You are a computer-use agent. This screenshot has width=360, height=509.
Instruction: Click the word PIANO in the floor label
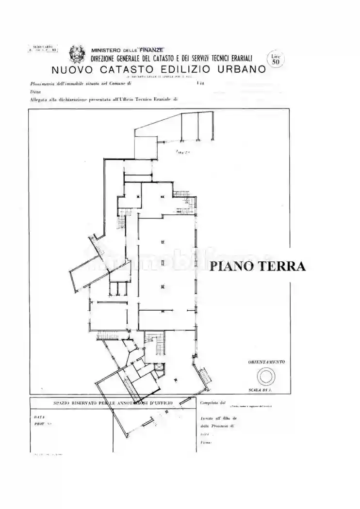tap(229, 266)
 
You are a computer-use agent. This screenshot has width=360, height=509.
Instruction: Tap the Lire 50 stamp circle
tap(276, 60)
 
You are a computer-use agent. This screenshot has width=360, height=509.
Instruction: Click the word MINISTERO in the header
tap(106, 50)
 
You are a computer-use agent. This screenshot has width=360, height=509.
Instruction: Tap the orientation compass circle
tap(266, 376)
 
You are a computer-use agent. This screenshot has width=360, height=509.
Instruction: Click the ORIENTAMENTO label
tap(266, 362)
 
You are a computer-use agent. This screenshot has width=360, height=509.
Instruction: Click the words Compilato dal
tap(213, 402)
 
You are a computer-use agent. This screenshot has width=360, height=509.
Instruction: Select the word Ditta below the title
tap(35, 92)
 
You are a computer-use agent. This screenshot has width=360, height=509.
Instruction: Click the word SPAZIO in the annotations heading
tap(63, 403)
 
